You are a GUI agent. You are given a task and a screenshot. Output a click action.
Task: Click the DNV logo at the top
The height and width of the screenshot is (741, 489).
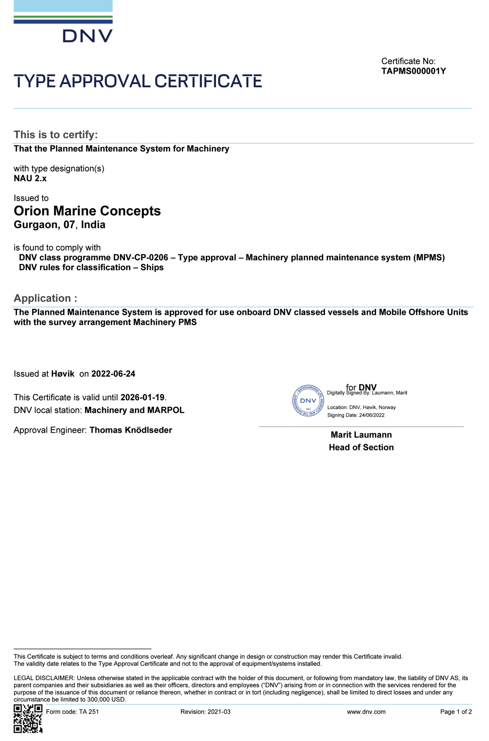[x=63, y=22]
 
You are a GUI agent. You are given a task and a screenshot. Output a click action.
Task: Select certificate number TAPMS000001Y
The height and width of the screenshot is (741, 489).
[x=413, y=71]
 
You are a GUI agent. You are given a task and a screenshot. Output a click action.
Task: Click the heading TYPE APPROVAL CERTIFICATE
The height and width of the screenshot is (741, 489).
[x=138, y=81]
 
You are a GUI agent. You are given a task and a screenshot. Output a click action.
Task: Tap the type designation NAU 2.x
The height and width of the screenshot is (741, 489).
[x=30, y=179]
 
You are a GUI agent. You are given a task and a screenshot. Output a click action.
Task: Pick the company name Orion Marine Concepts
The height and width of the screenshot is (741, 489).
[x=87, y=211]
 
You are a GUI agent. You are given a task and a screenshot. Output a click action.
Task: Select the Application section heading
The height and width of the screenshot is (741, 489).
[x=45, y=298]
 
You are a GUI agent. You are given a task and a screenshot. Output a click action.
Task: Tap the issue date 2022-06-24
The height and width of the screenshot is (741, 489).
[x=113, y=374]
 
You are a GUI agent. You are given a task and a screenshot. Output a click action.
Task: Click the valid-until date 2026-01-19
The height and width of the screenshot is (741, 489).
[x=142, y=398]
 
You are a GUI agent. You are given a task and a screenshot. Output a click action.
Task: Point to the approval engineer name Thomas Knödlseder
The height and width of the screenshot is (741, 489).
[x=131, y=430]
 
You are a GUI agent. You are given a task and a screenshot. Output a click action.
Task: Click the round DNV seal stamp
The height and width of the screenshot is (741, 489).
[x=308, y=401]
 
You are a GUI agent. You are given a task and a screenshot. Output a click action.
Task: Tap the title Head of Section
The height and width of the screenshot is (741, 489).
[x=361, y=447]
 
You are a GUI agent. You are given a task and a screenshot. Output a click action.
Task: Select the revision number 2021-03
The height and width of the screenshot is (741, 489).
[x=219, y=712]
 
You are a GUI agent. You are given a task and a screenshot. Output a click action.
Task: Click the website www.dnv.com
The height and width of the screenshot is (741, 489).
[x=366, y=712]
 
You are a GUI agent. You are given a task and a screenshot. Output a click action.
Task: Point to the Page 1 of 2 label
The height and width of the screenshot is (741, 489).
[x=456, y=712]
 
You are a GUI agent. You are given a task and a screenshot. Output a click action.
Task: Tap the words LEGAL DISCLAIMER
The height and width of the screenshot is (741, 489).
[x=44, y=678]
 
